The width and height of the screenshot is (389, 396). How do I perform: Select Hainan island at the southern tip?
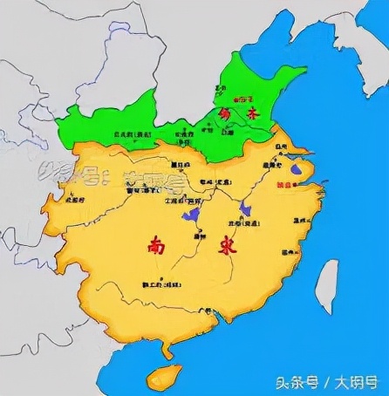[x=164, y=377]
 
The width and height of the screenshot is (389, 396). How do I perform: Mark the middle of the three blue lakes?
[x=248, y=208]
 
